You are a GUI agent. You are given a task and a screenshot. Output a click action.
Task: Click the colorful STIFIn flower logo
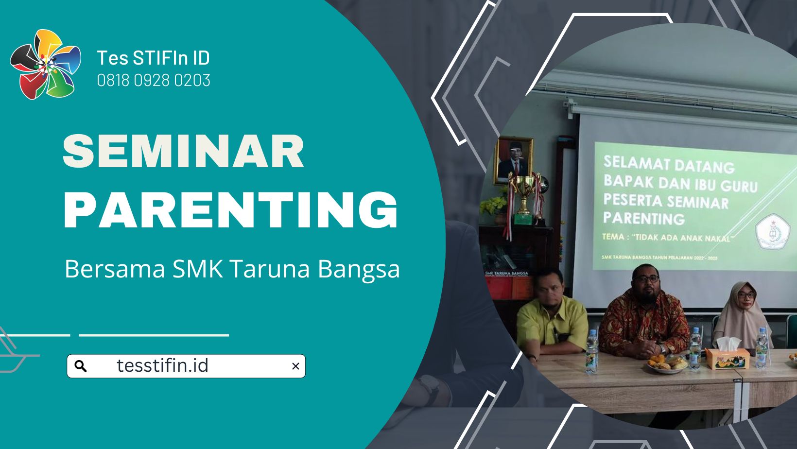[45, 64]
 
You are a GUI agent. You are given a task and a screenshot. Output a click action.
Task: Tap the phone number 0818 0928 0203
[154, 80]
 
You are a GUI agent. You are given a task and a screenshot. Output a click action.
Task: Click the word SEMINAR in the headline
[183, 152]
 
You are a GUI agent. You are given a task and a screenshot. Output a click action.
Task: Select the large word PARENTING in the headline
[231, 209]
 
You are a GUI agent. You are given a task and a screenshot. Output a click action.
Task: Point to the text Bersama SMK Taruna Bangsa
[232, 269]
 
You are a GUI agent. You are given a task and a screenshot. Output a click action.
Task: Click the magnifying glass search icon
[81, 366]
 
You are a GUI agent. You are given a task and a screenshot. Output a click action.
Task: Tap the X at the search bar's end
[295, 366]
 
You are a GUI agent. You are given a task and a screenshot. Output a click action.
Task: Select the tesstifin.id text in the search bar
[162, 365]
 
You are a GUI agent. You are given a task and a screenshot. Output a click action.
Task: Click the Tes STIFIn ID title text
[153, 58]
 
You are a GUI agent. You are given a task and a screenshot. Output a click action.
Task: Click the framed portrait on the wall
[513, 160]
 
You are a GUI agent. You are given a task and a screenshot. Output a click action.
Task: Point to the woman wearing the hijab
[741, 316]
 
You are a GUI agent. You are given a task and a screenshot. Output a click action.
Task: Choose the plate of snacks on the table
[666, 363]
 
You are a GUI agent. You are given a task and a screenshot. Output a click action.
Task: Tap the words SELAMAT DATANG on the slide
[668, 165]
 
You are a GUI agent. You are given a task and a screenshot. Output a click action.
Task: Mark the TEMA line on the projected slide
[666, 238]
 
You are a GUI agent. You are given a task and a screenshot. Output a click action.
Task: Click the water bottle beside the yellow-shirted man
[591, 352]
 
